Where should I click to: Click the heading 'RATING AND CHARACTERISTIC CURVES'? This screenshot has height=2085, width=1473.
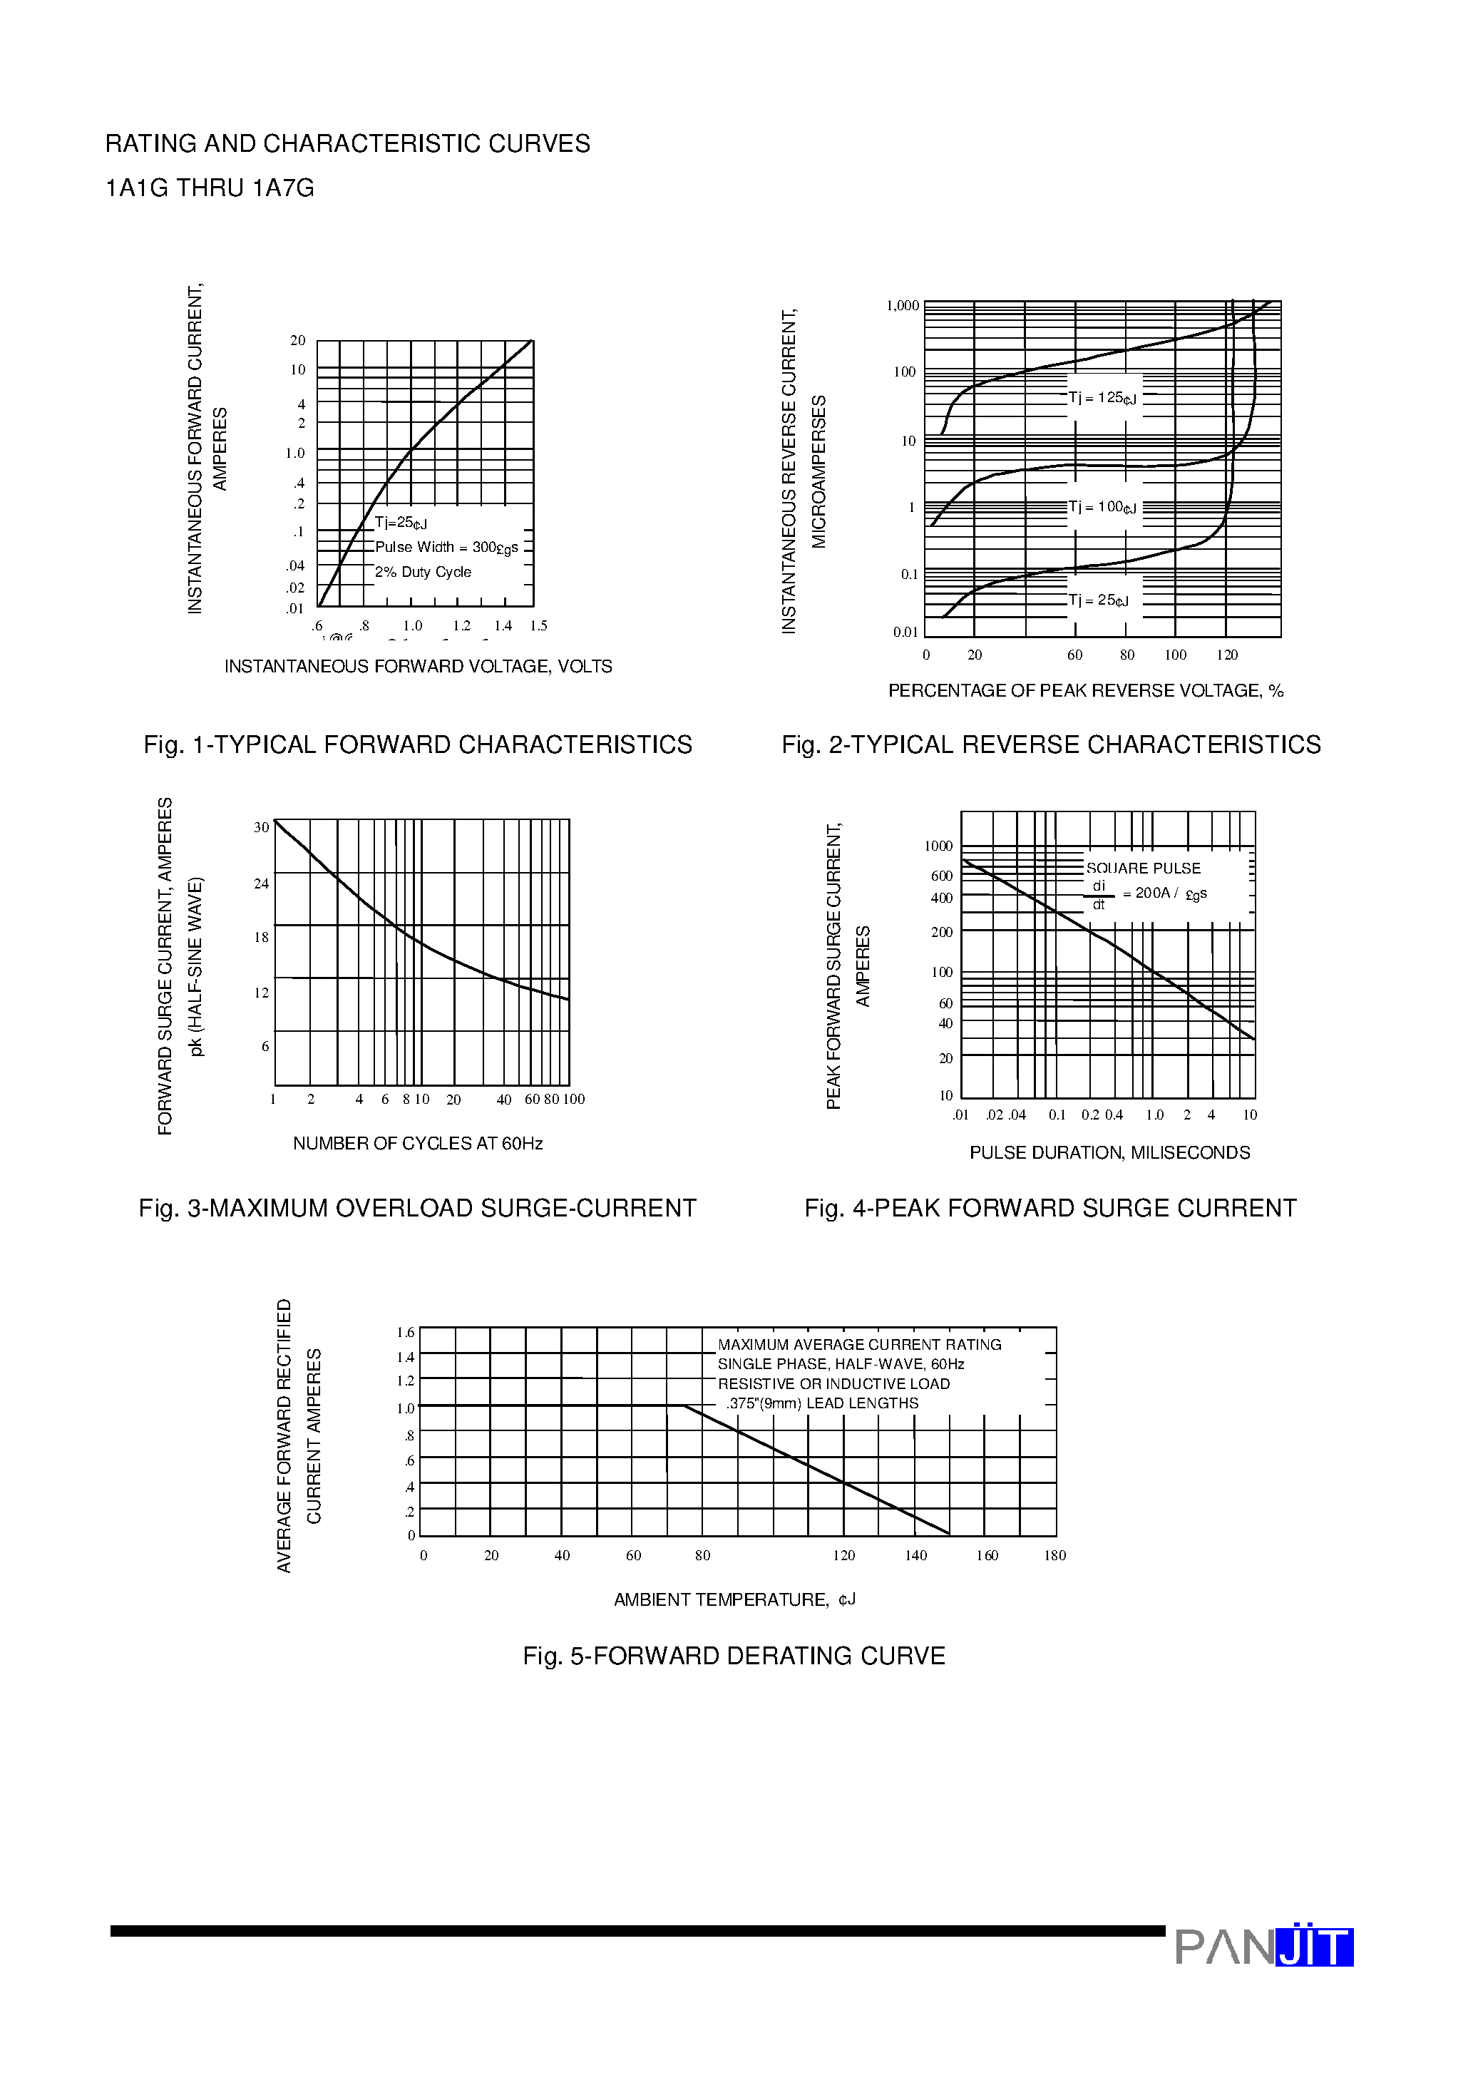347,143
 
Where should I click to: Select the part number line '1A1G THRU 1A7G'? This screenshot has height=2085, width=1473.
210,188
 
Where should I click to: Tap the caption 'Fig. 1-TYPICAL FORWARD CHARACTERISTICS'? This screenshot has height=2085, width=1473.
418,744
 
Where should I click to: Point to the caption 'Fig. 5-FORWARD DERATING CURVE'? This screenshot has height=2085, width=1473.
734,1656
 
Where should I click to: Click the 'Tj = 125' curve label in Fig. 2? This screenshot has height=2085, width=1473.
1102,398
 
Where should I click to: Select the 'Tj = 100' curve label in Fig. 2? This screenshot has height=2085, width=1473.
1102,507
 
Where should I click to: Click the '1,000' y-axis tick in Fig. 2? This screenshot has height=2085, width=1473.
903,306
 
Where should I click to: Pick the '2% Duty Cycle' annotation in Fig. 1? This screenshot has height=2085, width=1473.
424,572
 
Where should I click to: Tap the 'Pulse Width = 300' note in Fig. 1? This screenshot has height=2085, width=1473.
446,548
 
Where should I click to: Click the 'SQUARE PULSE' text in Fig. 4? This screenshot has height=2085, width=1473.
1144,868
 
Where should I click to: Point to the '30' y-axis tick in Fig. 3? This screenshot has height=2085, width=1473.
262,827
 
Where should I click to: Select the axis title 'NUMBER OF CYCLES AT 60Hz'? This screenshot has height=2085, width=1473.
418,1143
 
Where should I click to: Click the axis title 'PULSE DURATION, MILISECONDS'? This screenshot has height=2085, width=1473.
1110,1152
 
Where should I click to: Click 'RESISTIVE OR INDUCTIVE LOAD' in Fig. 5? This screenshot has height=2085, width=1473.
833,1384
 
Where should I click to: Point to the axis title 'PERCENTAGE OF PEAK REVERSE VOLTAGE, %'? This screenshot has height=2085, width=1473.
1085,691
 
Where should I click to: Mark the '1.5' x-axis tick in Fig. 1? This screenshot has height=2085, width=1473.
538,625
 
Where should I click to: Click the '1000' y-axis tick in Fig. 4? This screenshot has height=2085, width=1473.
938,846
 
